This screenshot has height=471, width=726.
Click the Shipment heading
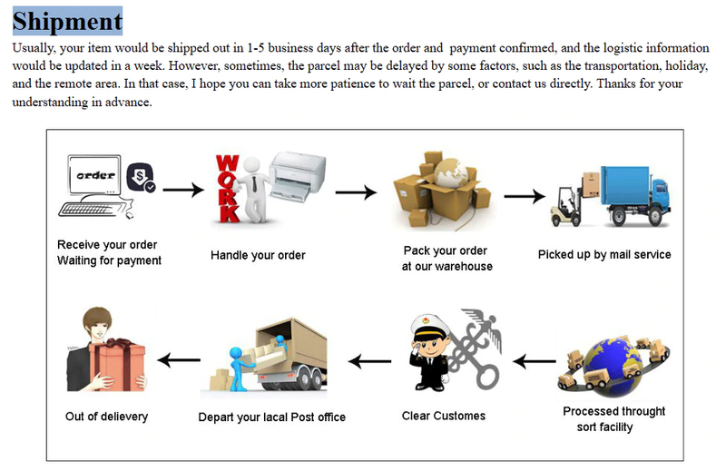pyautogui.click(x=67, y=20)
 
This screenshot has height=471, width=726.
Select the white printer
pyautogui.click(x=297, y=175)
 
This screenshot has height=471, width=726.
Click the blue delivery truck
pyautogui.click(x=634, y=193)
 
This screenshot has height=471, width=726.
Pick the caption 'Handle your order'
pyautogui.click(x=258, y=255)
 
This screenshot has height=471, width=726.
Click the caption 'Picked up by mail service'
pyautogui.click(x=604, y=254)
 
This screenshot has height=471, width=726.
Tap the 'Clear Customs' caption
pyautogui.click(x=444, y=416)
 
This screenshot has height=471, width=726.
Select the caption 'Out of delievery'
pyautogui.click(x=106, y=417)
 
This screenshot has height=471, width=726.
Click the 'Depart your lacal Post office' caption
pyautogui.click(x=272, y=417)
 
